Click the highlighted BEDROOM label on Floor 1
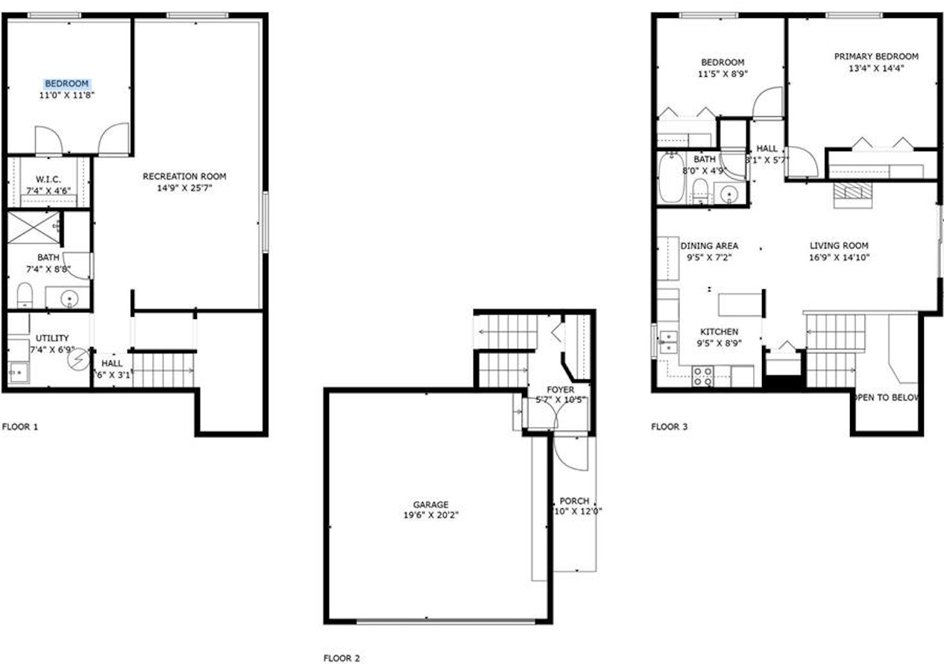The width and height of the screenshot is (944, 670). coord(67,83)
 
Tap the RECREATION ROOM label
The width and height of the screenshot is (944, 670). coord(184,177)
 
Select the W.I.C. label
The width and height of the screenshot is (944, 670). coord(48,179)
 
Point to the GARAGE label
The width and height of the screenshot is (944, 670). coord(431,505)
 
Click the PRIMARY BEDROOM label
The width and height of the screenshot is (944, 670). coord(876,57)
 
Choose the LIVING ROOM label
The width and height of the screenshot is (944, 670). coord(839,246)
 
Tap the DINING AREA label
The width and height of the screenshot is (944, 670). coord(709,246)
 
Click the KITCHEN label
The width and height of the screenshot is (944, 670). coord(719,332)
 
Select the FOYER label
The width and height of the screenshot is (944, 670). coord(561,389)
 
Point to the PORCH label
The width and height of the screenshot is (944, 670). coord(574,501)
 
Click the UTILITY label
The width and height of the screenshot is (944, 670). coord(52,338)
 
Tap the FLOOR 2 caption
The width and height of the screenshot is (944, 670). coord(342,658)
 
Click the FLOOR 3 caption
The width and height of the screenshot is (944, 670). coord(670,427)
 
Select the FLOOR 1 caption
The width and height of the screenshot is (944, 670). coord(20,427)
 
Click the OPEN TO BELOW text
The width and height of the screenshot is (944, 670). coord(887,398)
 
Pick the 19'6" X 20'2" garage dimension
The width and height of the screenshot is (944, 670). coord(431,515)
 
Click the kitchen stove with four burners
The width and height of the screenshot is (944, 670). coord(702,376)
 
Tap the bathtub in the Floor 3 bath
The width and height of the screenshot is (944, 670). coord(670,179)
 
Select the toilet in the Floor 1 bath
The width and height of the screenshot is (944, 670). coord(25,295)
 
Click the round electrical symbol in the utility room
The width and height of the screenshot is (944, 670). coord(78,360)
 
